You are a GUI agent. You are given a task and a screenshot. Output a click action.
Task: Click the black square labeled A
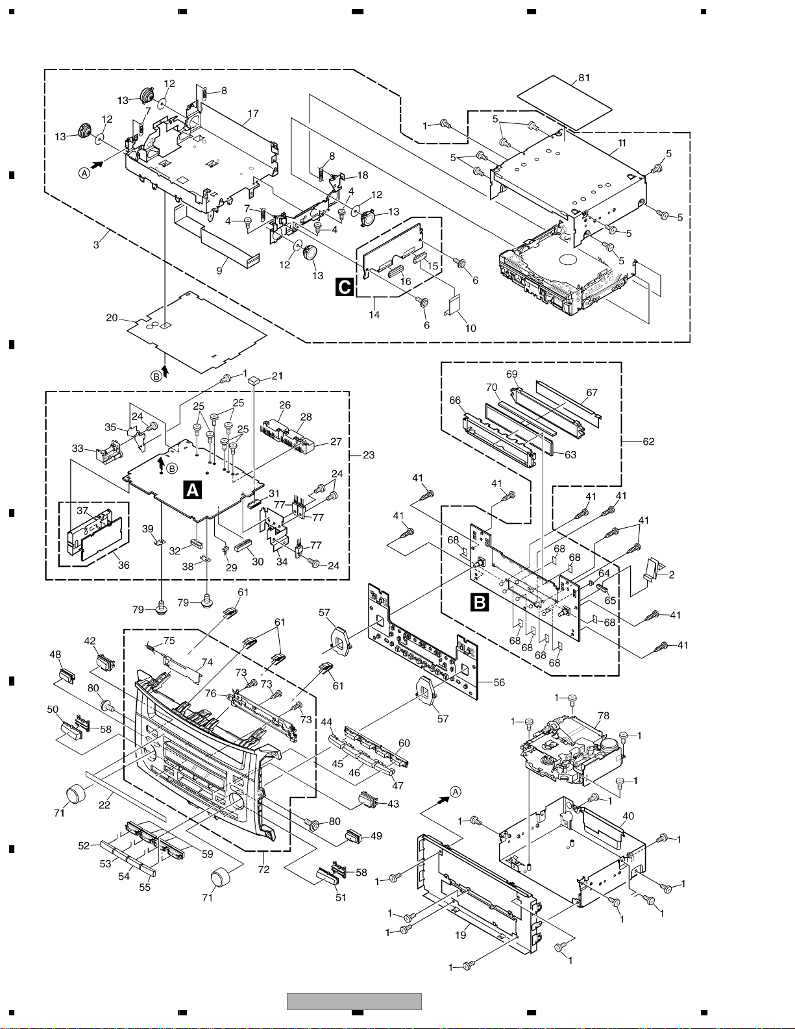pyautogui.click(x=193, y=490)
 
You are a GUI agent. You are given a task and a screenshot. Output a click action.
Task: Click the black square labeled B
pyautogui.click(x=480, y=603)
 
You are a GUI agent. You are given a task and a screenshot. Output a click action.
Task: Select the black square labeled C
pyautogui.click(x=345, y=287)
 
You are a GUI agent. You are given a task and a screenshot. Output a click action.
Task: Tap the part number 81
pyautogui.click(x=585, y=78)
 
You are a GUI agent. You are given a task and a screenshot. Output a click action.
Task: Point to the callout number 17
pyautogui.click(x=253, y=113)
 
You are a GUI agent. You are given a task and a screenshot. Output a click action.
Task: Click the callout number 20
pyautogui.click(x=112, y=317)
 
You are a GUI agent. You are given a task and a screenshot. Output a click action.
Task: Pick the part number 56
pyautogui.click(x=499, y=682)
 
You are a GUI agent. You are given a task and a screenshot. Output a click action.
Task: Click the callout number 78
pyautogui.click(x=604, y=715)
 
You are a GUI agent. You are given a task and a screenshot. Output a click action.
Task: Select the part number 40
pyautogui.click(x=628, y=816)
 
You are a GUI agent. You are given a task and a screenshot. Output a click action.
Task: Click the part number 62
pyautogui.click(x=648, y=441)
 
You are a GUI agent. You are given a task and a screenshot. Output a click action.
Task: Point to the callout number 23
pyautogui.click(x=369, y=455)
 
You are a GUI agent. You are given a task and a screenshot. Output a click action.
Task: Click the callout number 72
pyautogui.click(x=263, y=869)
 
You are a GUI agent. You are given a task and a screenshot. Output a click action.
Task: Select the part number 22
pyautogui.click(x=104, y=805)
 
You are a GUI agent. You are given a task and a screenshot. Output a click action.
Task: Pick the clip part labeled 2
pyautogui.click(x=652, y=569)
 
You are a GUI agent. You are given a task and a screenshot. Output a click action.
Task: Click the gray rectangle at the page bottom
pyautogui.click(x=354, y=1002)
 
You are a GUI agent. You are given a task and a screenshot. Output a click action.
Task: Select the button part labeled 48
pyautogui.click(x=67, y=676)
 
